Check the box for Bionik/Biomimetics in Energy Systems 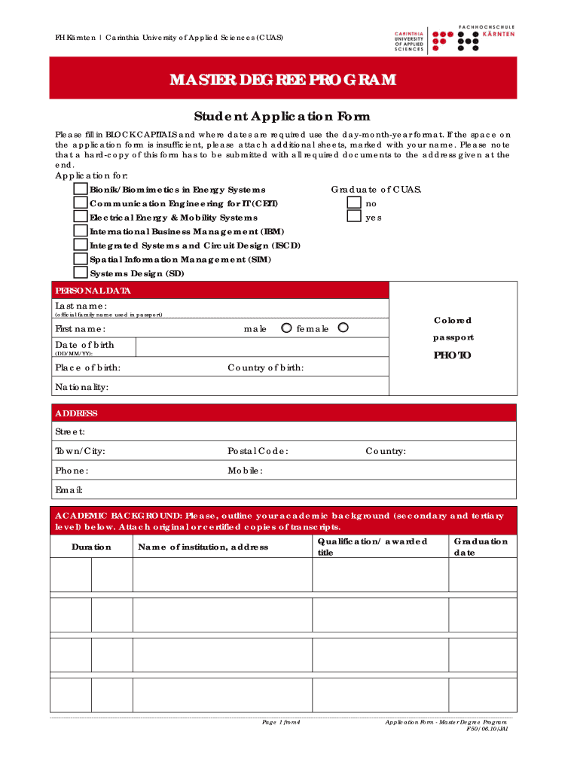tap(81, 190)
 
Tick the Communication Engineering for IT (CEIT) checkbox tap(81, 203)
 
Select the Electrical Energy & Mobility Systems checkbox tap(81, 217)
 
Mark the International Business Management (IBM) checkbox tap(81, 231)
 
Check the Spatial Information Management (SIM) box tap(81, 259)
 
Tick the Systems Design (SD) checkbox tap(81, 273)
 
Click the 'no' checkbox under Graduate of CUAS tap(354, 203)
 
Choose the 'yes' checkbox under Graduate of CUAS tap(354, 217)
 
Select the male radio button tap(286, 328)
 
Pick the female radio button tap(343, 328)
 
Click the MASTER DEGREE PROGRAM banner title tap(282, 80)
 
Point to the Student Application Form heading tap(282, 117)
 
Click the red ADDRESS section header tap(76, 413)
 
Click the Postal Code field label tap(258, 451)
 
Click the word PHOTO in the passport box tap(452, 355)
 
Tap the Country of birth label tap(266, 368)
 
